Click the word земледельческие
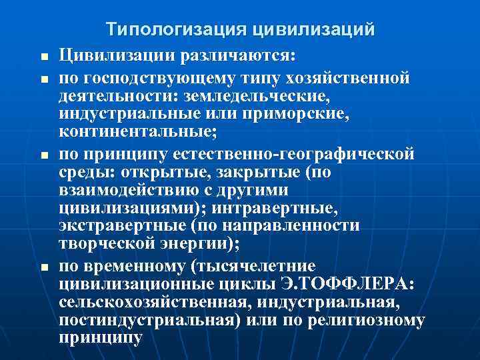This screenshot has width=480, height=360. [x=255, y=97]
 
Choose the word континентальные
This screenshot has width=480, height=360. [x=136, y=131]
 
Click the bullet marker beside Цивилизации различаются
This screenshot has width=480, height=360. [x=43, y=56]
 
